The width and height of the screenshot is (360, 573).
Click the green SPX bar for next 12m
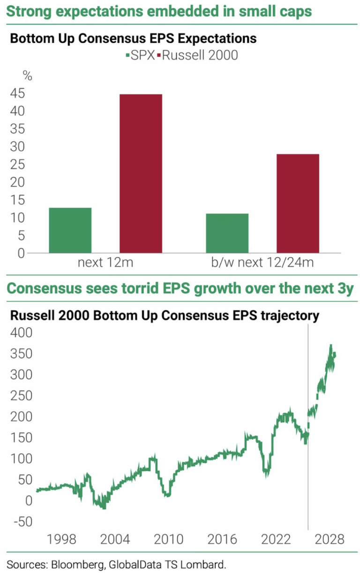(x=70, y=230)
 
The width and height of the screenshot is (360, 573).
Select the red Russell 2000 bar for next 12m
(x=141, y=173)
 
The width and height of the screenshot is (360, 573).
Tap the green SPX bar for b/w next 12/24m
(x=227, y=233)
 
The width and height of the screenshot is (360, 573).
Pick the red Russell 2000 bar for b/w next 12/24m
(x=298, y=204)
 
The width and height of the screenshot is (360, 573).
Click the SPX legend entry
(x=141, y=55)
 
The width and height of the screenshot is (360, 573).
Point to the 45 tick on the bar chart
(x=17, y=94)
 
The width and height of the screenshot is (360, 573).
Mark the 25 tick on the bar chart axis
(x=17, y=165)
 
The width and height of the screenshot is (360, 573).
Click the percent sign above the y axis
(x=28, y=76)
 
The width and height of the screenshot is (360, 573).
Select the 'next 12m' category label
(x=105, y=263)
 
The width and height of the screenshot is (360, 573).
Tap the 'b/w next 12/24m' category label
(x=262, y=263)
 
